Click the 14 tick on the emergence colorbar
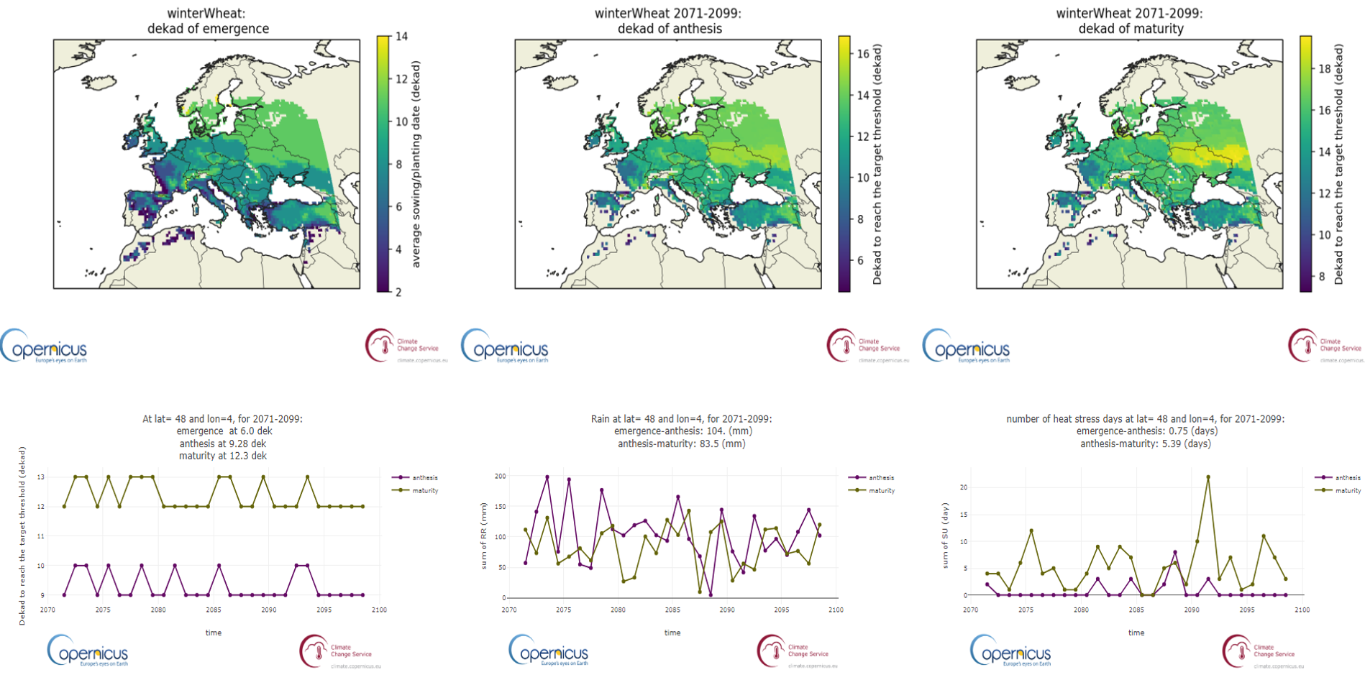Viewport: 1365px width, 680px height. [401, 36]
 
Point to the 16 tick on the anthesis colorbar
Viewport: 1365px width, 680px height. [863, 53]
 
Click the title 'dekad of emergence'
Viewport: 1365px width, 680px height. [208, 29]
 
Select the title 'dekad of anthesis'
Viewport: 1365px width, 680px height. [670, 29]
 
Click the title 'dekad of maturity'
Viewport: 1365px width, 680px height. [1131, 29]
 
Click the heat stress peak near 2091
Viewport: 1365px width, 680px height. [1208, 477]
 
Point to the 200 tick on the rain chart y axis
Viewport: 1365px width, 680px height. [500, 476]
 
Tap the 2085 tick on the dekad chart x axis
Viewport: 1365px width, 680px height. [214, 610]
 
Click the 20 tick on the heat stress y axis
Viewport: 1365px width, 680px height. [963, 487]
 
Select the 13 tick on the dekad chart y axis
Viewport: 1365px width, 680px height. [42, 477]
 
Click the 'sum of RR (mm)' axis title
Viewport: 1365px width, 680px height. [484, 536]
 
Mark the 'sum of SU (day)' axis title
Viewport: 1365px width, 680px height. [946, 536]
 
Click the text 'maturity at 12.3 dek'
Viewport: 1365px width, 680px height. [223, 456]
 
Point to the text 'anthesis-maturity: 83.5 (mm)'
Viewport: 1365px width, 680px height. [681, 444]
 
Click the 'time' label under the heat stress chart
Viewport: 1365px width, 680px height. [1136, 633]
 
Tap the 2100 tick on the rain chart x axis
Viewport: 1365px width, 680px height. [836, 610]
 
